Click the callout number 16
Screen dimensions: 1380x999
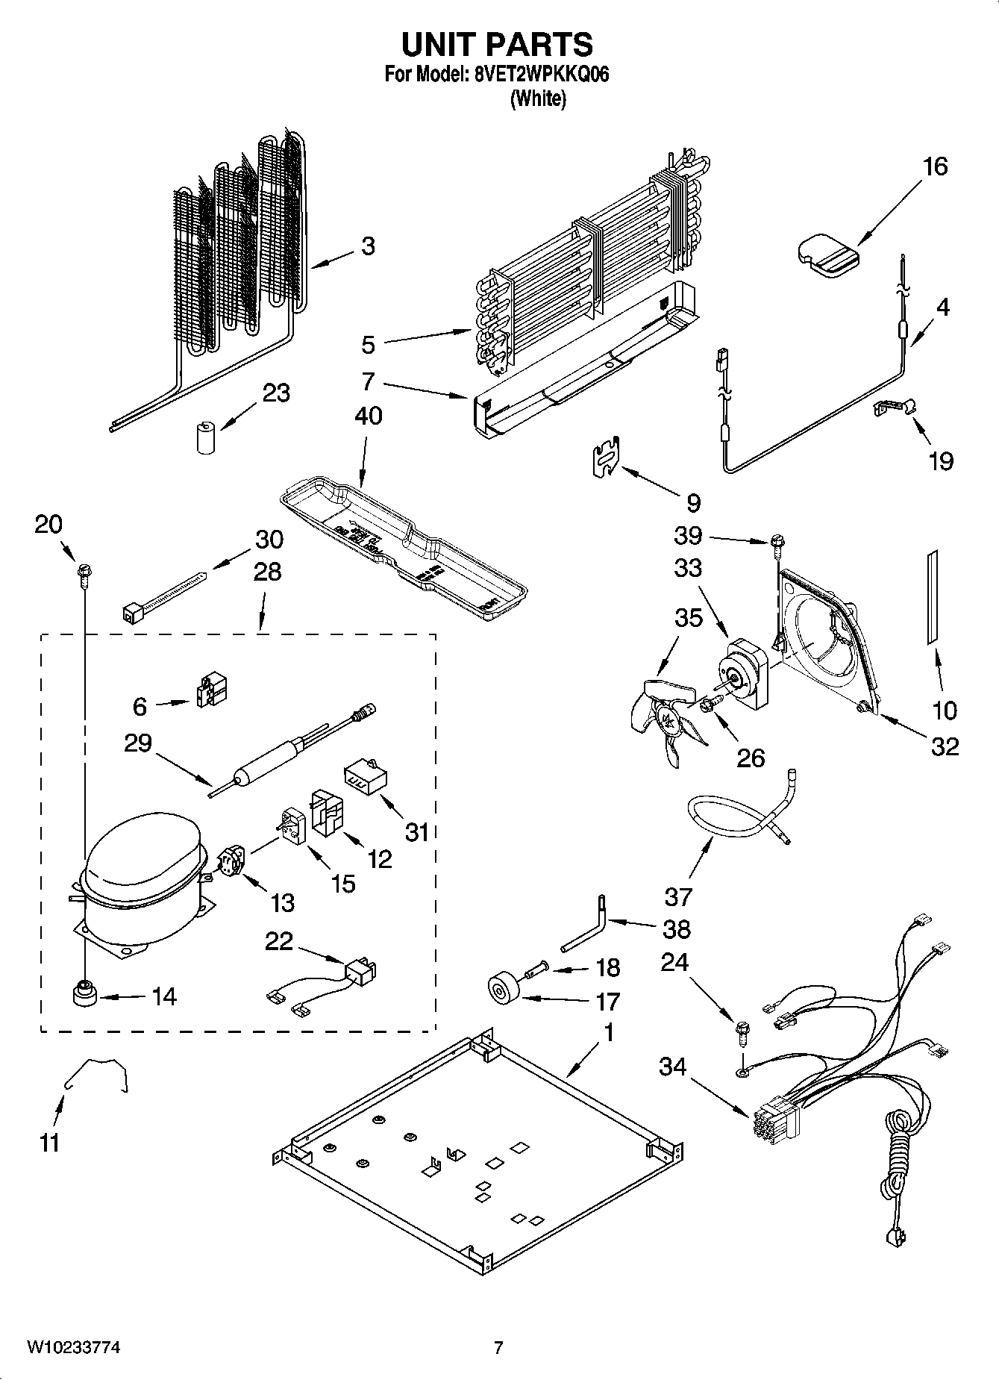(935, 166)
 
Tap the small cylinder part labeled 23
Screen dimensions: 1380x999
(205, 438)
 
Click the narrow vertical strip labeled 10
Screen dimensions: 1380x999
(932, 599)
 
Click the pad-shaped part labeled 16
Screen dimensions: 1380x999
(827, 258)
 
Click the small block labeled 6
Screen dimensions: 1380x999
(212, 691)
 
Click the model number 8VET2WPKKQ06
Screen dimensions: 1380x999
(536, 75)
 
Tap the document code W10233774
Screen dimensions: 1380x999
(74, 1347)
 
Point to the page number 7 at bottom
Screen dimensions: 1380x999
(498, 1347)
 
